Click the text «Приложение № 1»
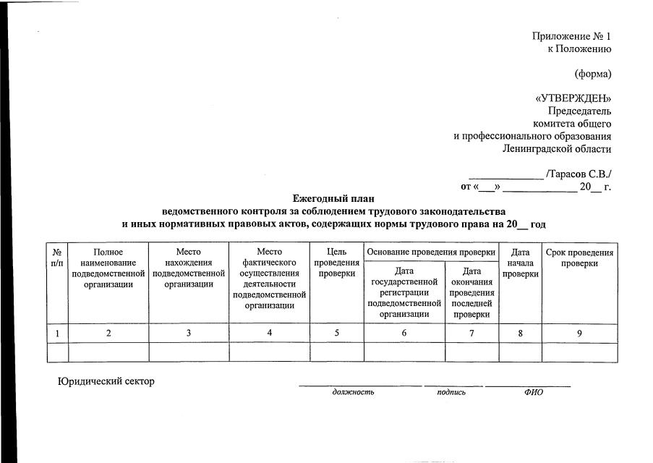(571, 36)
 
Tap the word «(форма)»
(592, 74)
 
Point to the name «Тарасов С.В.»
(581, 174)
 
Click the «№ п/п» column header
(57, 258)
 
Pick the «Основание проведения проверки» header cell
(432, 252)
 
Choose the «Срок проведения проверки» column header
(579, 258)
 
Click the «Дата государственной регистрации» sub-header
(404, 292)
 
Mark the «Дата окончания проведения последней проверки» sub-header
(471, 292)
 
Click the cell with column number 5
(337, 333)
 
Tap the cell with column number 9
(579, 333)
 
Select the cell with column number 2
(108, 333)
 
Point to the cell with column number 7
(471, 333)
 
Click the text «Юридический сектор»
(106, 381)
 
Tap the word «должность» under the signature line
(353, 392)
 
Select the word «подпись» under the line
(451, 392)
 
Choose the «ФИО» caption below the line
(533, 392)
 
